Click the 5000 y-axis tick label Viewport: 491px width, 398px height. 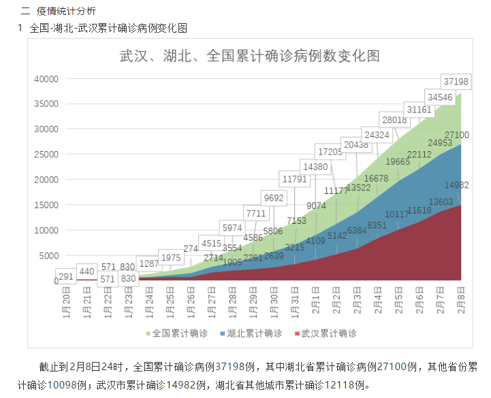point(48,255)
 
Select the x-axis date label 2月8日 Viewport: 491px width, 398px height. point(460,301)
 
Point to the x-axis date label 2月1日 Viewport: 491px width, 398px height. point(316,301)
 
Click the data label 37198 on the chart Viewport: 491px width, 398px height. point(456,82)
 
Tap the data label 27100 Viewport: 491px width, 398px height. point(456,135)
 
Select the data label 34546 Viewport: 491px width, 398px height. point(439,97)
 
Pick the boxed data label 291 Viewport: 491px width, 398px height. point(66,277)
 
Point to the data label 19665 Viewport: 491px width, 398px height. point(398,161)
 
